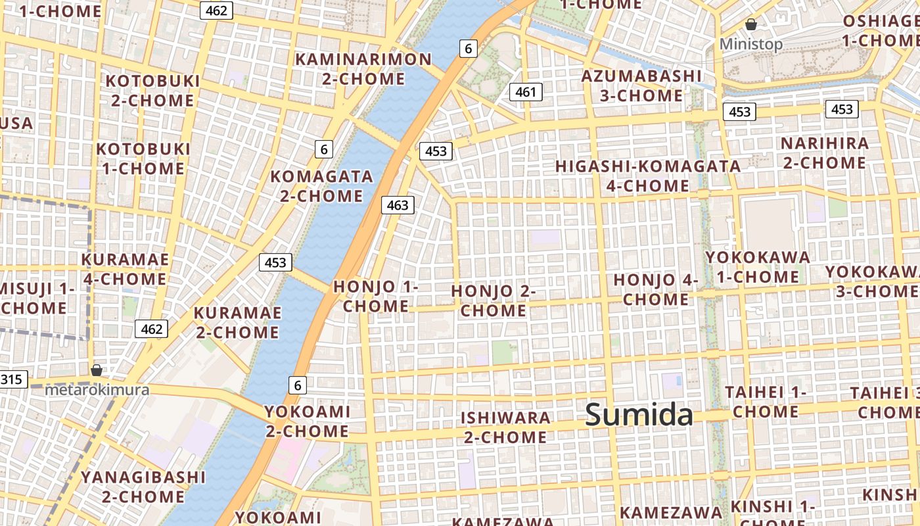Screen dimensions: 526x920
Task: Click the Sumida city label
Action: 639,415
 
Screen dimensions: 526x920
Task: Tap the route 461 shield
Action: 526,92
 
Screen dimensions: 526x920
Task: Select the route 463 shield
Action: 398,205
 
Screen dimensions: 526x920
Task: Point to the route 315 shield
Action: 11,379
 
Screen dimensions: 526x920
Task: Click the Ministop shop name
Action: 751,44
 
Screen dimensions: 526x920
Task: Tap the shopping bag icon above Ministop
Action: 751,25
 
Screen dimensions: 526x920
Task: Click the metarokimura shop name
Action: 97,390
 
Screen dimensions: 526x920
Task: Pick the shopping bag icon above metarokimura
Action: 97,370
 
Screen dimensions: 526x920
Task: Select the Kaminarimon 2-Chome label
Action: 363,69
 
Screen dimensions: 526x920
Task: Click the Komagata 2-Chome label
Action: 321,186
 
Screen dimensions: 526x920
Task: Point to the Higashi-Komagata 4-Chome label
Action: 648,176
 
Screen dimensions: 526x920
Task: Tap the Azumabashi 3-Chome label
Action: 641,85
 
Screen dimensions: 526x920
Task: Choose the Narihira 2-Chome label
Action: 824,153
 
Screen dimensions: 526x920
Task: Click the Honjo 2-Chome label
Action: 494,300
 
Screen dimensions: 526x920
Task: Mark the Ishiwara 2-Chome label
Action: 505,427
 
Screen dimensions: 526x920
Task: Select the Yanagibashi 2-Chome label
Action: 143,487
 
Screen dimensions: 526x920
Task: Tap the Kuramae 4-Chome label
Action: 125,269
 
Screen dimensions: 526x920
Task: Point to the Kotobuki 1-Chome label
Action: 143,158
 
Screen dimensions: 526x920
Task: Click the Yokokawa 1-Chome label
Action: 758,266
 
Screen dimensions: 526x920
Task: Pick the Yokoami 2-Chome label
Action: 307,421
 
